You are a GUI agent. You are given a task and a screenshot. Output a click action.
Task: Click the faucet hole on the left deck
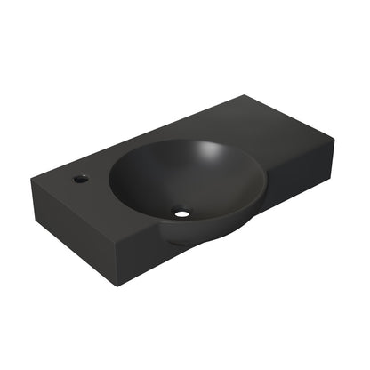81,178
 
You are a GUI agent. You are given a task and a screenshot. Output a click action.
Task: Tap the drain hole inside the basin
182,213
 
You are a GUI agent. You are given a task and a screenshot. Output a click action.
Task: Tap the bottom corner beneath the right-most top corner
331,174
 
